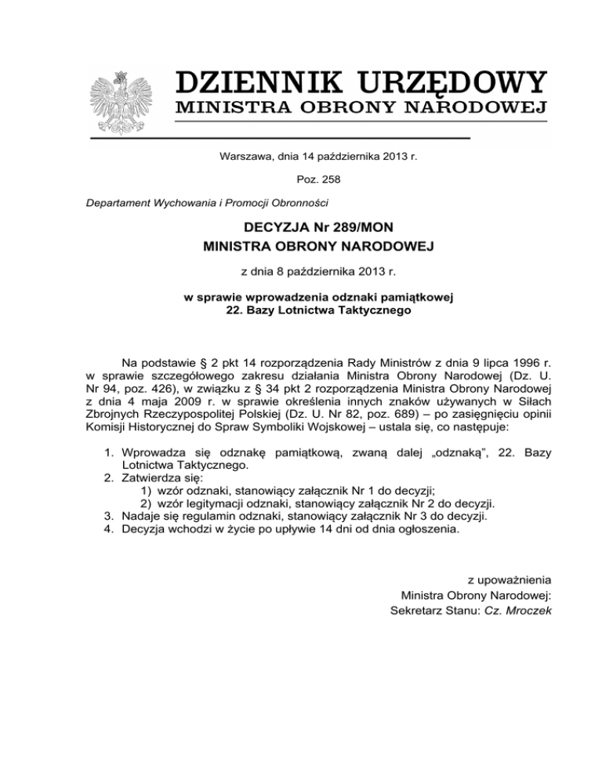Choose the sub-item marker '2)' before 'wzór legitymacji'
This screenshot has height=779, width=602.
[147, 503]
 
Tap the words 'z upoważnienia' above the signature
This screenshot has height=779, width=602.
[510, 581]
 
